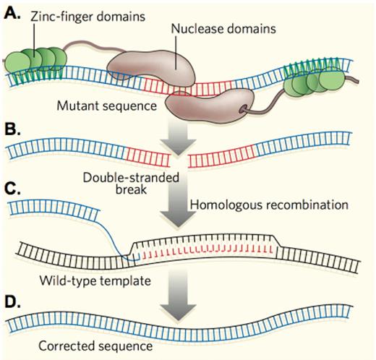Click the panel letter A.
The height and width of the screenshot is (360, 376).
(12, 12)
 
